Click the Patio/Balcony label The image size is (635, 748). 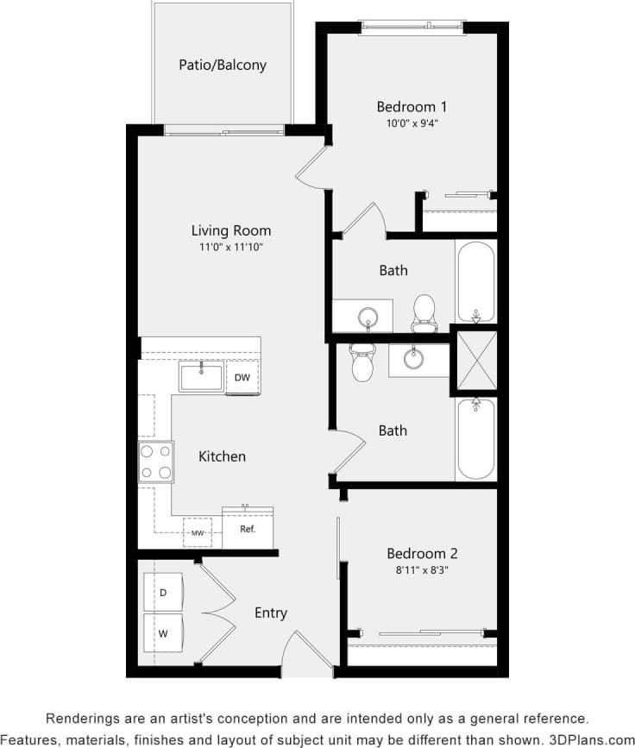(x=223, y=65)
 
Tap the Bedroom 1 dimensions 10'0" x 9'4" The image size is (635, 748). (x=412, y=123)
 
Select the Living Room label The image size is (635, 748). (x=231, y=230)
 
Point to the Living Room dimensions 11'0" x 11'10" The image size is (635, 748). (x=231, y=248)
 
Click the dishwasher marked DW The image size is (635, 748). (x=242, y=377)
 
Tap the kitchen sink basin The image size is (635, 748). (x=201, y=376)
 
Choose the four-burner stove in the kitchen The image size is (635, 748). (x=156, y=462)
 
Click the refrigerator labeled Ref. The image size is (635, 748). (x=248, y=529)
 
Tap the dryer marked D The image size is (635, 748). (x=163, y=592)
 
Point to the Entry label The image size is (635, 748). (x=270, y=613)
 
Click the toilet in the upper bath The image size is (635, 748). (x=424, y=312)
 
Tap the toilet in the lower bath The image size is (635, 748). (x=362, y=363)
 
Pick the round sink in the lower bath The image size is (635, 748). (x=415, y=357)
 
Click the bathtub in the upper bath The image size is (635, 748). (x=475, y=281)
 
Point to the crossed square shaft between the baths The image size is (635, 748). (x=475, y=362)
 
